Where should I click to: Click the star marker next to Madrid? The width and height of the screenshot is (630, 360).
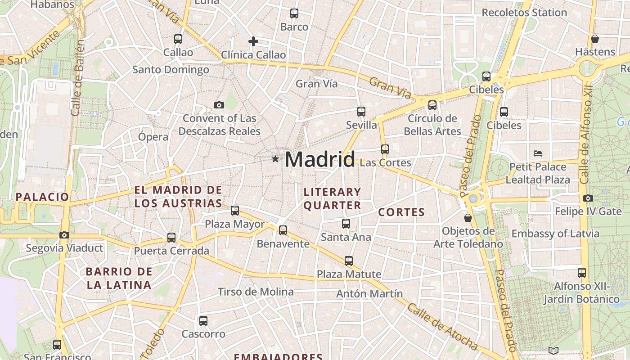[275, 159]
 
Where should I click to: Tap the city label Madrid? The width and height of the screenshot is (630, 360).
[319, 160]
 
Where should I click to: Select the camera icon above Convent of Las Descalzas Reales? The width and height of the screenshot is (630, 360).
[219, 105]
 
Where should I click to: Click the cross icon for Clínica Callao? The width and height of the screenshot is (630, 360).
[253, 42]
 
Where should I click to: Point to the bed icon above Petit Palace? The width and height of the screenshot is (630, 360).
[537, 153]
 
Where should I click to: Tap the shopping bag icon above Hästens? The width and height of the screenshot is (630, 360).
[595, 39]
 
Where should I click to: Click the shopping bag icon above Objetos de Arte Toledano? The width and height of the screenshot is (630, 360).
[468, 218]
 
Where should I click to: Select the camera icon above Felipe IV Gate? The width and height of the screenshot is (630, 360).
[588, 198]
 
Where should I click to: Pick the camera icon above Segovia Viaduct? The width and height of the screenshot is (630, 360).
[64, 235]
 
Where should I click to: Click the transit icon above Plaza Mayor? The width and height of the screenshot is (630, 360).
[235, 210]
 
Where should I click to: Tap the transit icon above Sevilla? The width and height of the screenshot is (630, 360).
[361, 112]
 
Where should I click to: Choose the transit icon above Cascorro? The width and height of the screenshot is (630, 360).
[203, 321]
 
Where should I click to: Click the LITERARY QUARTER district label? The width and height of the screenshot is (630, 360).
[332, 198]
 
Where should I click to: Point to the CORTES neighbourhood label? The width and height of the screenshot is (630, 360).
[401, 212]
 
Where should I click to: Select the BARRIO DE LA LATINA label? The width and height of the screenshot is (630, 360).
[119, 278]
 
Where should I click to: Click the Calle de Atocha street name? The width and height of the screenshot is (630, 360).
[442, 326]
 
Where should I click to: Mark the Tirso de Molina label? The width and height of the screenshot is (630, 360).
[256, 292]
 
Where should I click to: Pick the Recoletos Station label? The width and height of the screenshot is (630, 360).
[524, 13]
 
